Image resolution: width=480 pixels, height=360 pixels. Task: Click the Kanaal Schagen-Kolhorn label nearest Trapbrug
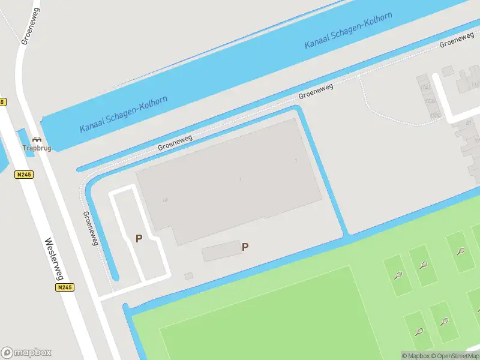124,114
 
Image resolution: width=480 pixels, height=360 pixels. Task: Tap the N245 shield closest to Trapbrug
25,175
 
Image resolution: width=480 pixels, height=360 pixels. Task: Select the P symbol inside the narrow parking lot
139,239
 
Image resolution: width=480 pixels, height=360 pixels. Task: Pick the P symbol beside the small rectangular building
245,247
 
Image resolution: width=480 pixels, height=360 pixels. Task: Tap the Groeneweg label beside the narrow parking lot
91,228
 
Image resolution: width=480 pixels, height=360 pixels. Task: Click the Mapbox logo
26,353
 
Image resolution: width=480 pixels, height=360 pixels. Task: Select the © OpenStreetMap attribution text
454,356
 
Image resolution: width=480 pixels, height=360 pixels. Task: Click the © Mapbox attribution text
415,356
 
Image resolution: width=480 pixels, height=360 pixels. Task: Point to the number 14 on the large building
164,199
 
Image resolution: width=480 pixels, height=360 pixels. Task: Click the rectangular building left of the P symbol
221,251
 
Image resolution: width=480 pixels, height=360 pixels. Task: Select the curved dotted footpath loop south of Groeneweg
390,108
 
